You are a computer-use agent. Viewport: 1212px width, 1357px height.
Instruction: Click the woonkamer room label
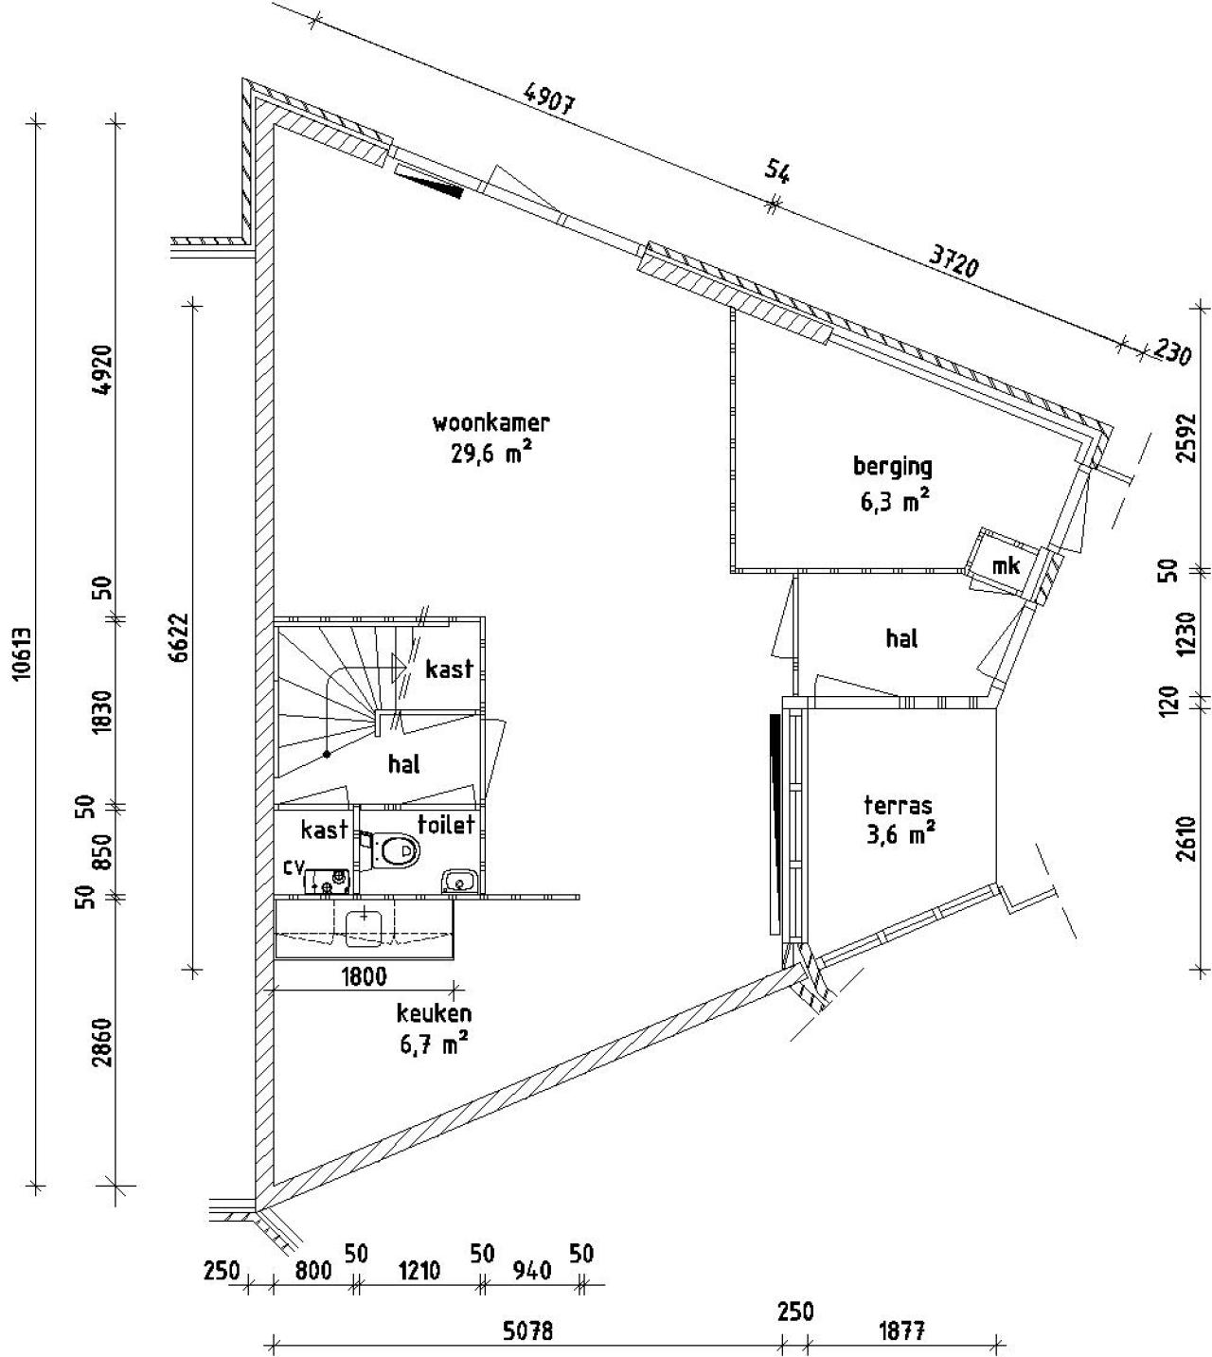point(490,422)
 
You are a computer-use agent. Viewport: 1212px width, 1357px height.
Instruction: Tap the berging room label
point(892,466)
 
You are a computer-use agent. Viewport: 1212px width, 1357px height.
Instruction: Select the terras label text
point(898,807)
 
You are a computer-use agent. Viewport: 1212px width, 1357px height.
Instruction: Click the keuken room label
point(433,1012)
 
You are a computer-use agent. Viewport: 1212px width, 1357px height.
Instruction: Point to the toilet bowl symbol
point(397,850)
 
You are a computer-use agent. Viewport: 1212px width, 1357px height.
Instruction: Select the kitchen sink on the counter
point(364,927)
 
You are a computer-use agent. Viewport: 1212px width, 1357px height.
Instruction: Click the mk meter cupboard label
point(1005,566)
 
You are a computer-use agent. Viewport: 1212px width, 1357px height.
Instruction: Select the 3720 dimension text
point(952,259)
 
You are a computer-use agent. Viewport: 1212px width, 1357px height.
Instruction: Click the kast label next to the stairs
point(449,670)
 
